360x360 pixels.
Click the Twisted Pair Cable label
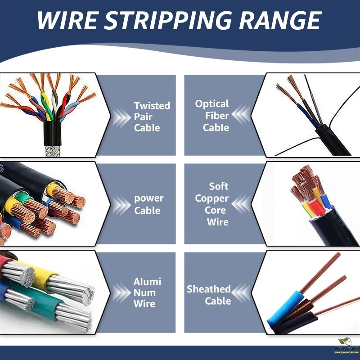click(x=152, y=117)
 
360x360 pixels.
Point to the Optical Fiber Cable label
click(x=212, y=116)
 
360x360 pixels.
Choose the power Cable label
click(x=148, y=204)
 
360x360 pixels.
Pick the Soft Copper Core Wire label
click(x=212, y=204)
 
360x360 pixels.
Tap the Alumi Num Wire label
click(x=147, y=292)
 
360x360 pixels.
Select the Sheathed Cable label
click(x=209, y=295)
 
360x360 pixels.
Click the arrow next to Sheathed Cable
click(x=240, y=293)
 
